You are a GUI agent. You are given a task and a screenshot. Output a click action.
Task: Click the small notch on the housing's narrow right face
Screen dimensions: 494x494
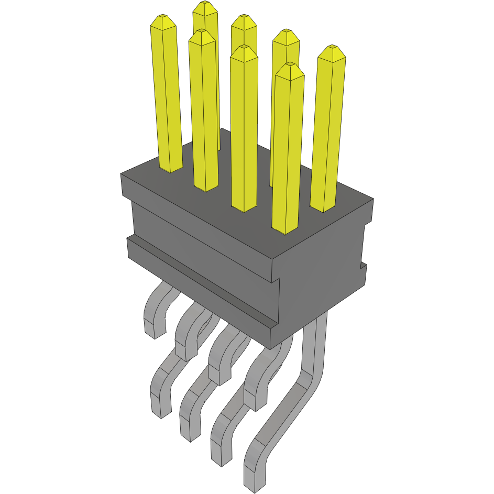click(x=363, y=267)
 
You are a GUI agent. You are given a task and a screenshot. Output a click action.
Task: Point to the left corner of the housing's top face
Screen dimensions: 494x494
click(x=122, y=175)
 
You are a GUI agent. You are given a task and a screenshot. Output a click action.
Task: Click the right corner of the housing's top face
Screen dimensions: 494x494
click(x=372, y=199)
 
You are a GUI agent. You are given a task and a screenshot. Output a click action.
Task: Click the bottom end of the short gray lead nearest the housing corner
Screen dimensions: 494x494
click(x=255, y=406)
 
